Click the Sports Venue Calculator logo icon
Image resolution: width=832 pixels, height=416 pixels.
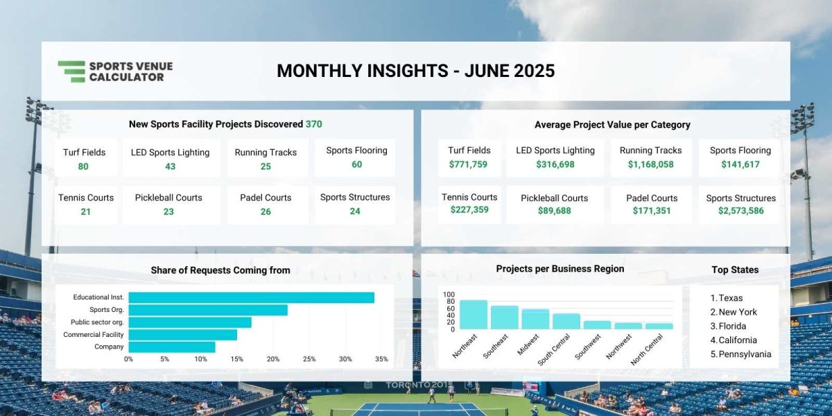(x=71, y=71)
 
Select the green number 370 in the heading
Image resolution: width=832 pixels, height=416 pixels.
(x=313, y=124)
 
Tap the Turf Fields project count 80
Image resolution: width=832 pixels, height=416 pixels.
(x=83, y=166)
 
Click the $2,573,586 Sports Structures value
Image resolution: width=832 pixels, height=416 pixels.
(x=740, y=211)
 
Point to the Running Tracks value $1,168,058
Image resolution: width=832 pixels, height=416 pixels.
(x=650, y=164)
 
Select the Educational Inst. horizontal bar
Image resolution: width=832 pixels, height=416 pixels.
(x=251, y=297)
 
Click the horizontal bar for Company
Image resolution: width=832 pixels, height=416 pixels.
(x=172, y=347)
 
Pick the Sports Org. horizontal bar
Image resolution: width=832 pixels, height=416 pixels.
(x=208, y=310)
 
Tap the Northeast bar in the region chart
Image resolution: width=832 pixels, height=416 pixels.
(x=473, y=314)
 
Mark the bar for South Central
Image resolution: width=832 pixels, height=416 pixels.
(x=566, y=321)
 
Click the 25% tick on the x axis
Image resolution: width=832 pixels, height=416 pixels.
(x=309, y=359)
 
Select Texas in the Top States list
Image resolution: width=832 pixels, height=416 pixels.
(x=730, y=298)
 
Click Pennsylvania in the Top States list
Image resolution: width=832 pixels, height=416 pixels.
(x=745, y=354)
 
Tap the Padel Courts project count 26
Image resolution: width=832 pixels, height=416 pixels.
(x=266, y=211)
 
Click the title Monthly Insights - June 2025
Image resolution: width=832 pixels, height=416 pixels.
(x=415, y=71)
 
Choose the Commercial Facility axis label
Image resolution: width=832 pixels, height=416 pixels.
(x=93, y=334)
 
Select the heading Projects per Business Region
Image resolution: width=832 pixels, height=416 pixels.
(x=560, y=268)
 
